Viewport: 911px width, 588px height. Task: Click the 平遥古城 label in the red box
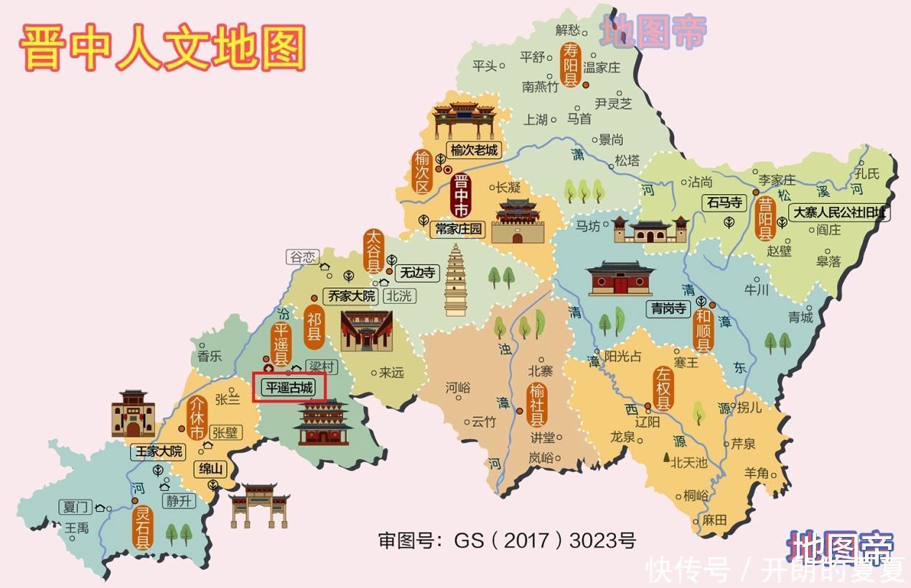290,387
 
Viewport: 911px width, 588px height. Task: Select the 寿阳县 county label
571,64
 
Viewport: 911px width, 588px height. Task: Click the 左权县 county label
663,387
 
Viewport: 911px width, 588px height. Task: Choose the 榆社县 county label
537,404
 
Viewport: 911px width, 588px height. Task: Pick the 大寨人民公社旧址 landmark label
838,213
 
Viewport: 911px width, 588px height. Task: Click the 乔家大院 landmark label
351,295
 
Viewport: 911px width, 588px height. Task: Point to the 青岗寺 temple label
668,308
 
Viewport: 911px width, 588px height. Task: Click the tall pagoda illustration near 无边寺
455,280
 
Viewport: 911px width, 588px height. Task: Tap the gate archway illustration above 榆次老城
464,121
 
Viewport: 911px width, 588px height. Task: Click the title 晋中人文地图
163,47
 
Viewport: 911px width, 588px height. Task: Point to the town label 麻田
714,520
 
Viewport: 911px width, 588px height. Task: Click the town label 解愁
567,29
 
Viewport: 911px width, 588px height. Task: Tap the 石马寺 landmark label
724,203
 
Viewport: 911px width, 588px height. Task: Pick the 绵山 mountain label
211,469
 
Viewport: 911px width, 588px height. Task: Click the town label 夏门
75,507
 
